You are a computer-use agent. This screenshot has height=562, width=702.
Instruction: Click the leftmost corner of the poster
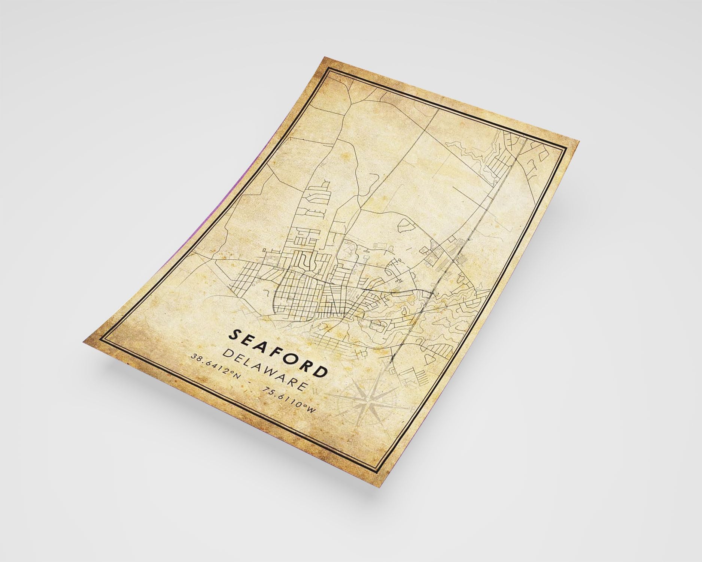click(x=83, y=342)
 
